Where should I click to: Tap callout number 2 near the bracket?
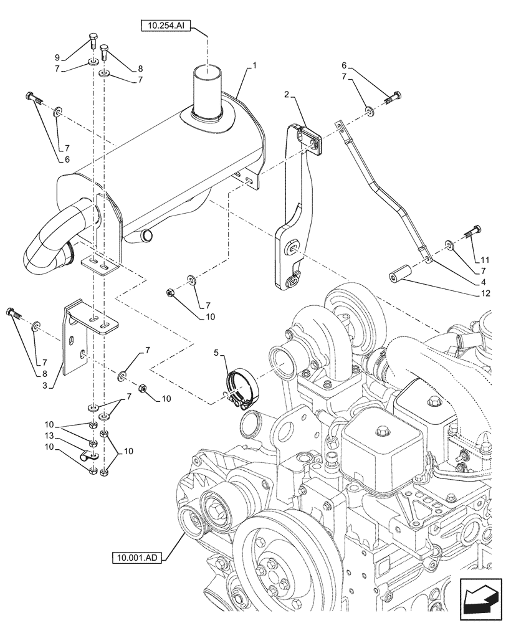point(287,95)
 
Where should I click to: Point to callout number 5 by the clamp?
point(216,353)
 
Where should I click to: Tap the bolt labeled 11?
point(470,235)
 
